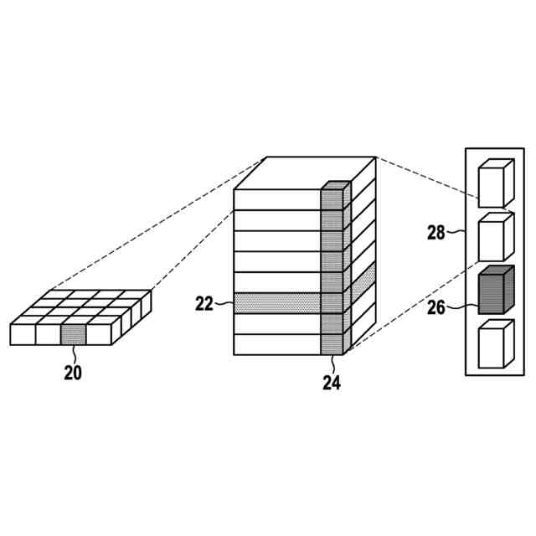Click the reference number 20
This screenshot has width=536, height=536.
pyautogui.click(x=73, y=373)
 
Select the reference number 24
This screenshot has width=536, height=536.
pyautogui.click(x=332, y=383)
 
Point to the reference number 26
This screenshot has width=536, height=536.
pyautogui.click(x=435, y=307)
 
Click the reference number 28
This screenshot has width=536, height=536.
pyautogui.click(x=435, y=232)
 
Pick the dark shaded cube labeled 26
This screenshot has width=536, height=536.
pyautogui.click(x=494, y=291)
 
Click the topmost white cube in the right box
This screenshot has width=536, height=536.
pyautogui.click(x=494, y=183)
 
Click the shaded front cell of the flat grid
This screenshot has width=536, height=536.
pyautogui.click(x=73, y=334)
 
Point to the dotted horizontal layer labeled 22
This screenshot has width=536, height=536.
pyautogui.click(x=276, y=303)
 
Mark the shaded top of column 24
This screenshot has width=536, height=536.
pyautogui.click(x=336, y=185)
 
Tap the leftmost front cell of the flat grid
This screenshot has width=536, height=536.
pyautogui.click(x=22, y=334)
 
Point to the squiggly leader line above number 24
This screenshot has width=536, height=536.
pyautogui.click(x=332, y=364)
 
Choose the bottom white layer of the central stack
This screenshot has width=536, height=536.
pyautogui.click(x=276, y=344)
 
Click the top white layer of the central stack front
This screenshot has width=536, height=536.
pyautogui.click(x=276, y=199)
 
